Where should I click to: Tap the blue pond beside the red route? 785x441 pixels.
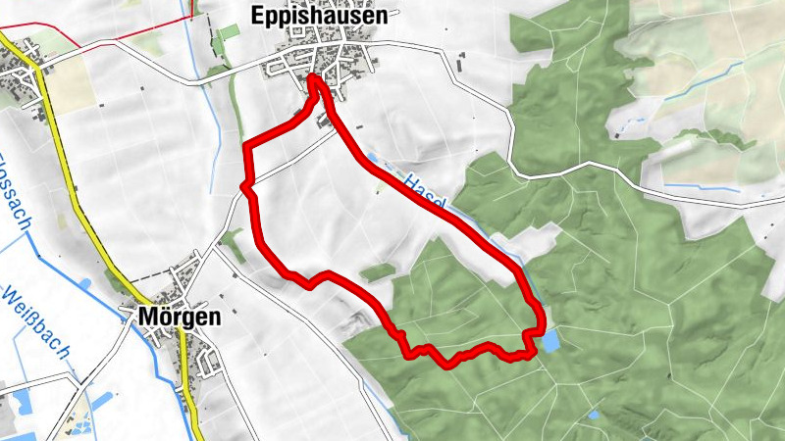click(550, 340)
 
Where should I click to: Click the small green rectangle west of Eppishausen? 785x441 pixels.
click(228, 32)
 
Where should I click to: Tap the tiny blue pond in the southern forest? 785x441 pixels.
click(593, 416)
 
